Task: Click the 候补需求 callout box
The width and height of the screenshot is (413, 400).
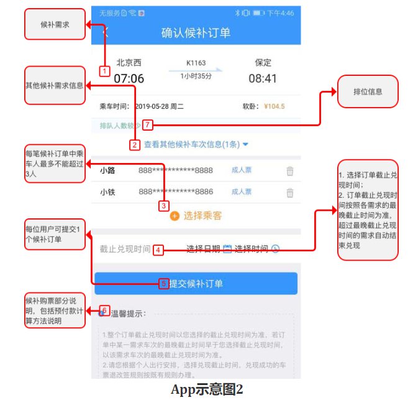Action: point(55,25)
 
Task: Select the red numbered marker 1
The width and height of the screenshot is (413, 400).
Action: point(104,71)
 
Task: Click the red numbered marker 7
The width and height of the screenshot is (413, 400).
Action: point(147,124)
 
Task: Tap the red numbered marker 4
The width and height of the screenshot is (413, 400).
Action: point(158,250)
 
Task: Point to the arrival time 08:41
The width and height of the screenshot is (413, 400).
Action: point(263,79)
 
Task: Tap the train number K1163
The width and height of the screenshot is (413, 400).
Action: point(196,63)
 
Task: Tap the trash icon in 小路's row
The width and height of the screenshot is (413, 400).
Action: point(289,171)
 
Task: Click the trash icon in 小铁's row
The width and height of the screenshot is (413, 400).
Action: point(289,193)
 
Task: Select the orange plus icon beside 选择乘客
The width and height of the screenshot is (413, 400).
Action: point(175,216)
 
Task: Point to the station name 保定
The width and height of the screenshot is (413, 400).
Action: point(263,63)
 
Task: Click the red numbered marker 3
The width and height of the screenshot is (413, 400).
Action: point(164,205)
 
